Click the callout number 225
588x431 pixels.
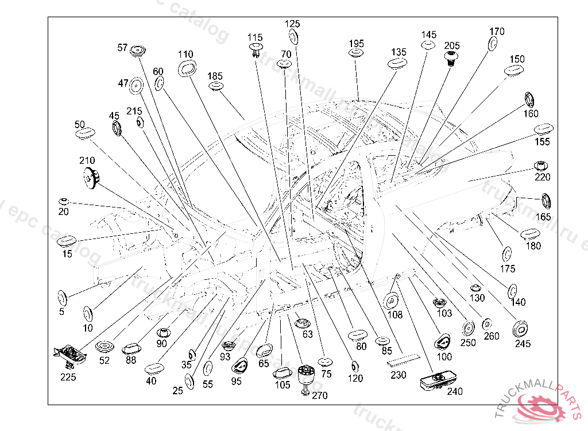point(68,377)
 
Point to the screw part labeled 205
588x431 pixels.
point(452,57)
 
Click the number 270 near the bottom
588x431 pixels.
point(319,395)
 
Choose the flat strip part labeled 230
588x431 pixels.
point(403,361)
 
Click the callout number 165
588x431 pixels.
point(543,217)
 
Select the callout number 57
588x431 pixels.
point(122,48)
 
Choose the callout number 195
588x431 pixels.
point(357,44)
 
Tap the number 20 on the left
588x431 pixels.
point(63,211)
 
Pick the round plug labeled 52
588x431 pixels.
point(105,348)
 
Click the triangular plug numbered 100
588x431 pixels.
point(443,342)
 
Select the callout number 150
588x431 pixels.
point(517,59)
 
